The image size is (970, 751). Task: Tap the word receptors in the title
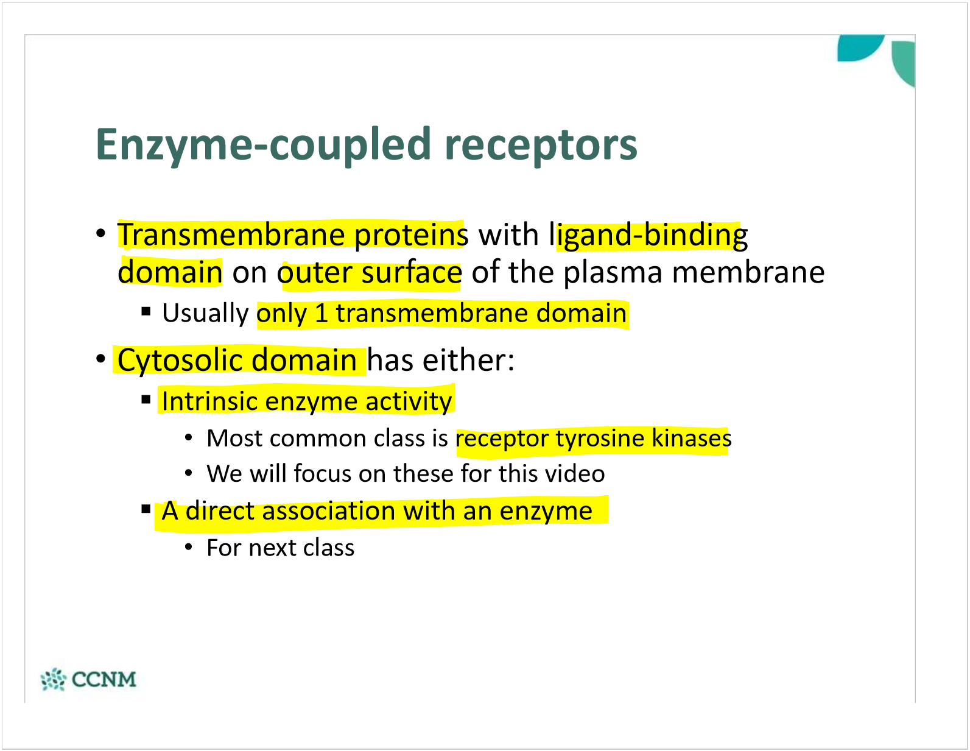(x=541, y=145)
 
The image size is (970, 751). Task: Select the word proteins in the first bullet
(x=411, y=235)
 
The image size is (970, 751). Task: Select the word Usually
(x=205, y=314)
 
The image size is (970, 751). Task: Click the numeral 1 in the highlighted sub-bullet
(x=321, y=314)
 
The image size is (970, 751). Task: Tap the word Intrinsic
(x=209, y=401)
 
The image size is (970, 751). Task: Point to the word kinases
(x=691, y=439)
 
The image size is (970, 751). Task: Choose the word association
(x=328, y=511)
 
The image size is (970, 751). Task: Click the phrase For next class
(x=280, y=548)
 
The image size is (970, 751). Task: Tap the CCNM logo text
(x=104, y=679)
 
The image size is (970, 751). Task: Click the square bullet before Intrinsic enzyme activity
(x=146, y=400)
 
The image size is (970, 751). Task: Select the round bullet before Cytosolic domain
(x=101, y=359)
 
